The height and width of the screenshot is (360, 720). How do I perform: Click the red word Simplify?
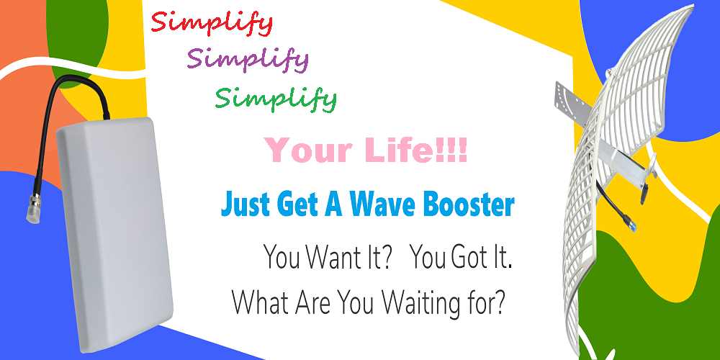coord(212,24)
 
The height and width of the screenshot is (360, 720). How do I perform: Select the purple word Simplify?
coord(248,60)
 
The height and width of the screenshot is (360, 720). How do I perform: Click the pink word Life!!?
coord(418,150)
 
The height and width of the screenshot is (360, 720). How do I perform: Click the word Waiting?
coord(423,303)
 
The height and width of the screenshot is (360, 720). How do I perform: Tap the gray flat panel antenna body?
coord(115,234)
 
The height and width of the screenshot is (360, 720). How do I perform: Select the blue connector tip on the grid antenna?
coord(632,225)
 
